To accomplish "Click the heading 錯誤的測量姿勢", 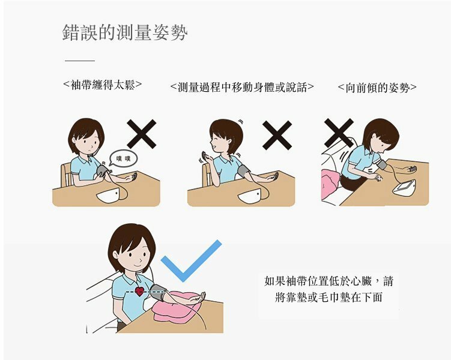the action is pyautogui.click(x=125, y=32).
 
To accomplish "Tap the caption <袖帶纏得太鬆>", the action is pyautogui.click(x=103, y=85).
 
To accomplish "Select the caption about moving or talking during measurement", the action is pyautogui.click(x=242, y=87).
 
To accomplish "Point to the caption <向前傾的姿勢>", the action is pyautogui.click(x=377, y=88).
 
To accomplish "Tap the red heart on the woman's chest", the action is pyautogui.click(x=140, y=292).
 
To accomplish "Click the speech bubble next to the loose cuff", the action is pyautogui.click(x=123, y=159).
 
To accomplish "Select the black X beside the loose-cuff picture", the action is pyautogui.click(x=142, y=134).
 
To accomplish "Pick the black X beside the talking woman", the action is pyautogui.click(x=277, y=135).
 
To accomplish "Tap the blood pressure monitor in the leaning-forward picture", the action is pyautogui.click(x=405, y=187).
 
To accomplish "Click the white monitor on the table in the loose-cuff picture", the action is pyautogui.click(x=108, y=196).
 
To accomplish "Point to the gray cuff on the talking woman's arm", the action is pyautogui.click(x=244, y=172).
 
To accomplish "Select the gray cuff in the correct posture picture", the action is pyautogui.click(x=159, y=292).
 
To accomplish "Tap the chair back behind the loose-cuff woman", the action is pyautogui.click(x=67, y=175).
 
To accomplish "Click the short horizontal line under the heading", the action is pyautogui.click(x=80, y=61).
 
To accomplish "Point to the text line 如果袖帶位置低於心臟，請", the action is pyautogui.click(x=328, y=281).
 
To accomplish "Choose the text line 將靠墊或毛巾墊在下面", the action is pyautogui.click(x=328, y=297).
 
